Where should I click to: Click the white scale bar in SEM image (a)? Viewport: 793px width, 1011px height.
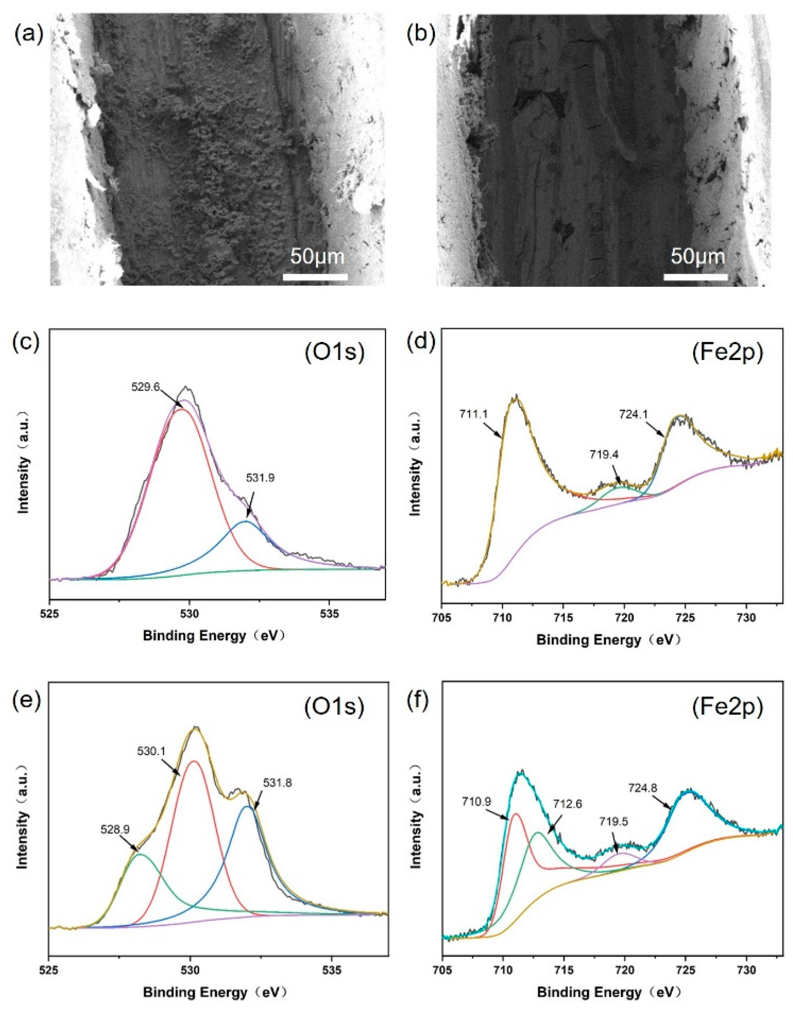tap(315, 277)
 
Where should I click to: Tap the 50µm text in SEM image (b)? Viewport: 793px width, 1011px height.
tap(697, 256)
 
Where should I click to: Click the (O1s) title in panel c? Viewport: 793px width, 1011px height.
tap(334, 353)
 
